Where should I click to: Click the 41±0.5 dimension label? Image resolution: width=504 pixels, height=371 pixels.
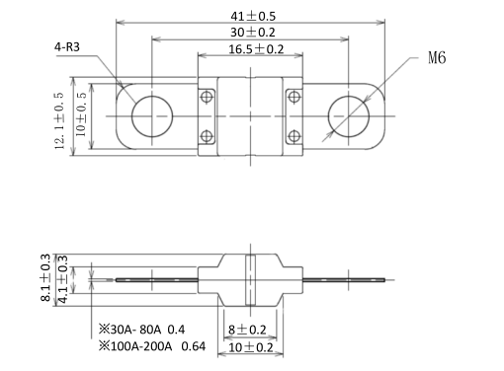tap(253, 16)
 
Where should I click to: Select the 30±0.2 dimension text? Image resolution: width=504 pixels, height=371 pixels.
tap(252, 33)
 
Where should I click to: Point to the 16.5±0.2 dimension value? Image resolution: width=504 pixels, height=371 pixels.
tap(256, 49)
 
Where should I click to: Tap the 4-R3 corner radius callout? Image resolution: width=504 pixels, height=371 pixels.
tap(67, 47)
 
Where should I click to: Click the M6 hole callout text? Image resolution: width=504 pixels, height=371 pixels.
tap(437, 57)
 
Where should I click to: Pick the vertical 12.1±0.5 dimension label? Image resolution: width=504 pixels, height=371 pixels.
tap(59, 120)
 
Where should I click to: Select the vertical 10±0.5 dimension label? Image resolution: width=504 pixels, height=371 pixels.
tap(81, 114)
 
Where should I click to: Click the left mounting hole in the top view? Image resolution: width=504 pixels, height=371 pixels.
tap(152, 116)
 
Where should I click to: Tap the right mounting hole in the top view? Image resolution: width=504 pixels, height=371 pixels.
tap(349, 116)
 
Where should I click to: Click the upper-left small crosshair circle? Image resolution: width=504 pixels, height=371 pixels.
tap(207, 97)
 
